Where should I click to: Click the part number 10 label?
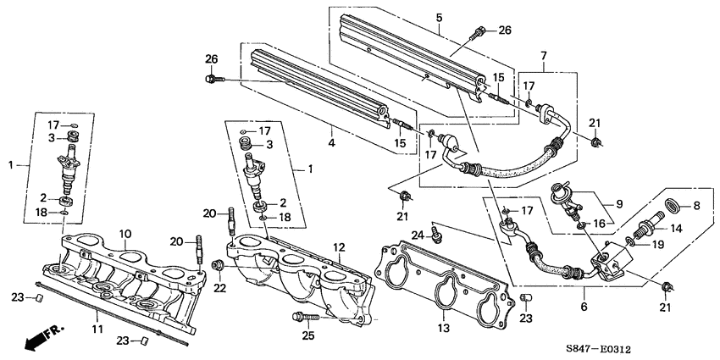click(x=125, y=232)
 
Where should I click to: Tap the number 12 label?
click(x=338, y=247)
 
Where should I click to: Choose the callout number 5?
click(x=439, y=17)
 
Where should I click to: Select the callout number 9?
click(x=618, y=204)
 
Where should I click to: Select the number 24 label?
click(x=418, y=235)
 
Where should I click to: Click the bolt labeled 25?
click(x=306, y=318)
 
